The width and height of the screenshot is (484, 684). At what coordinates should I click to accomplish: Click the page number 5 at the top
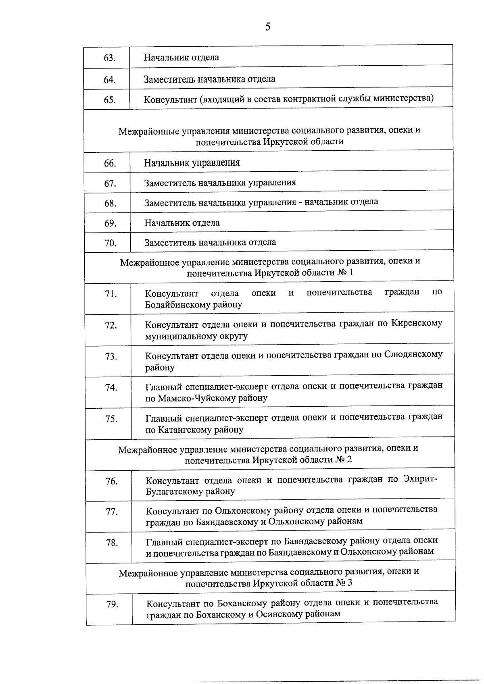tap(268, 27)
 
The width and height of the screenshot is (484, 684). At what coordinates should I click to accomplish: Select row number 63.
tap(110, 58)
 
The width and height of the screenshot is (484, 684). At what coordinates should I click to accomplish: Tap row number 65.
tap(110, 100)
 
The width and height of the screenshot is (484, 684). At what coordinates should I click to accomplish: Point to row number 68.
tap(110, 204)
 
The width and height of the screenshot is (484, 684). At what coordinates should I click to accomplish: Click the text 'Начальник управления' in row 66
tap(192, 163)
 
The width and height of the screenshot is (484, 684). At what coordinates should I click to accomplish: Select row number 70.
tap(110, 243)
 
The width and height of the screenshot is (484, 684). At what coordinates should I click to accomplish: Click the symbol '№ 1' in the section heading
tap(345, 273)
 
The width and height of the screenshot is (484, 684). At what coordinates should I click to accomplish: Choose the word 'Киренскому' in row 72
tap(417, 324)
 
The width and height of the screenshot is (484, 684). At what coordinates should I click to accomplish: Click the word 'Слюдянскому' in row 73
tap(413, 355)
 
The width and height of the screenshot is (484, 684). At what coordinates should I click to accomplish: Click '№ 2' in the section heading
tap(344, 460)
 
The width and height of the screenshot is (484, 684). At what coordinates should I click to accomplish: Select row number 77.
tap(111, 512)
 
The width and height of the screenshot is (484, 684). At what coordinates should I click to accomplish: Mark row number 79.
tap(112, 605)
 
